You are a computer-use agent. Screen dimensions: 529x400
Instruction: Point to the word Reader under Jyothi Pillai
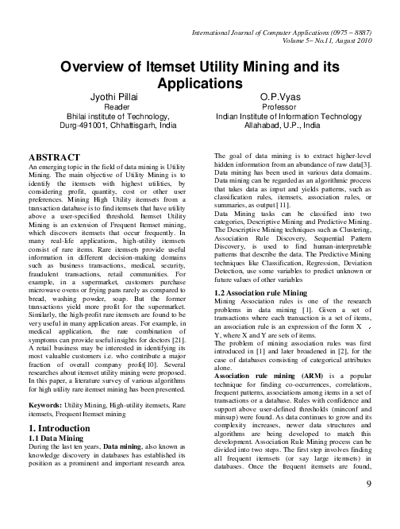117,106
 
